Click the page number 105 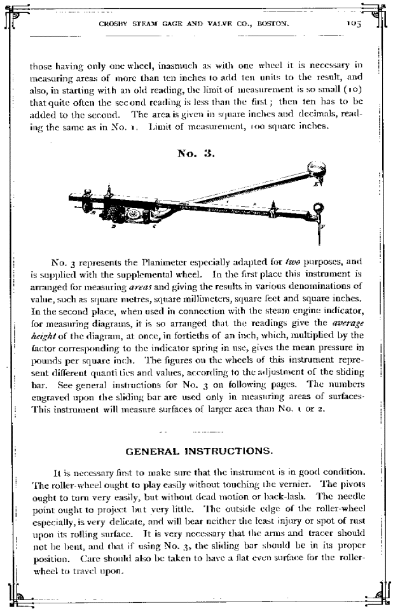pyautogui.click(x=353, y=24)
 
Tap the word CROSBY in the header pyautogui.click(x=114, y=24)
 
